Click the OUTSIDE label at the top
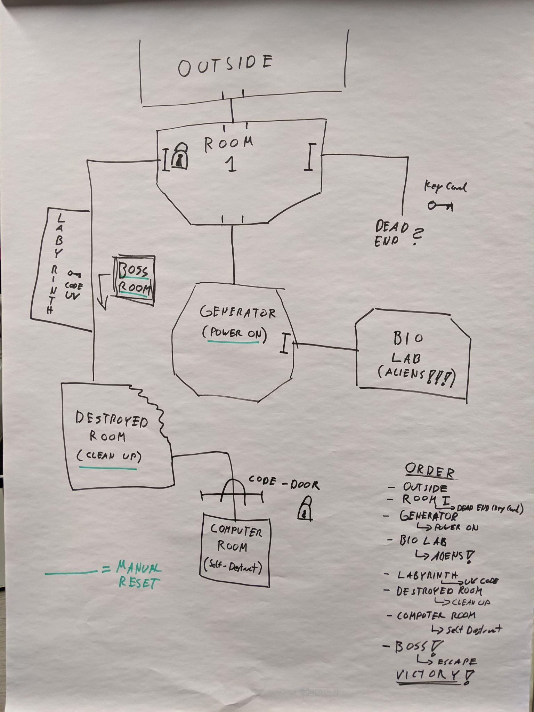225,65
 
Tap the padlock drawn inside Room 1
179,157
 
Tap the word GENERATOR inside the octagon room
237,312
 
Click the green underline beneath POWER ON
233,342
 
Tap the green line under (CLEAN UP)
108,469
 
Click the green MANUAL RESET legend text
138,575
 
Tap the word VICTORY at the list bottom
427,675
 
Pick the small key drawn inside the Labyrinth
74,275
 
